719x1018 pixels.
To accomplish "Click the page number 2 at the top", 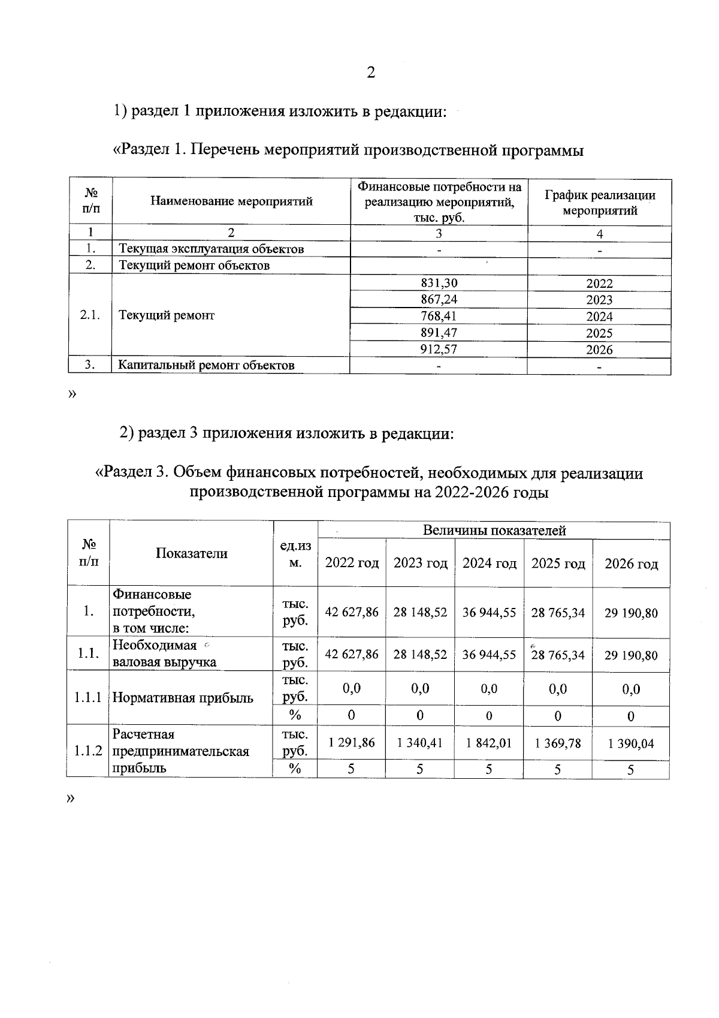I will point(371,73).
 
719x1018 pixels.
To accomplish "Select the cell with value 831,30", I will point(439,284).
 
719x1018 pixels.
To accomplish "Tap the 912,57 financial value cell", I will point(439,350).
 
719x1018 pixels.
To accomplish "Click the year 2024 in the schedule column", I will point(599,317).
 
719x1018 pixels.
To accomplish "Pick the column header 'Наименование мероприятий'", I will point(231,201).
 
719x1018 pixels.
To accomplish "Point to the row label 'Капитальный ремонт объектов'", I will point(206,365).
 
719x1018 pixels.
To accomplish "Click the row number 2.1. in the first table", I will point(90,315).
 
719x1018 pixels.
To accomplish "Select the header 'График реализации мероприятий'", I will point(599,203).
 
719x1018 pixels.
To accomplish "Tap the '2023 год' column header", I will point(420,563).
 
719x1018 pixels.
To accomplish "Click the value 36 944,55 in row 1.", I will point(489,613).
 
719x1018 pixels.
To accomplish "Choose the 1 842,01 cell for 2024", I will point(489,743).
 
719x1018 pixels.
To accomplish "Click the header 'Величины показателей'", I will point(494,530).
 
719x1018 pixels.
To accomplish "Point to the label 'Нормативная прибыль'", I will point(183,698).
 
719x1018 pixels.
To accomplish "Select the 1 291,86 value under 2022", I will point(352,743).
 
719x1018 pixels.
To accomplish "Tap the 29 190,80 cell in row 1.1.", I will point(630,655).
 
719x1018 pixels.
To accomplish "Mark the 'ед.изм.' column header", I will point(295,555).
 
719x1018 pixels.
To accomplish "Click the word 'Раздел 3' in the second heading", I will point(135,473).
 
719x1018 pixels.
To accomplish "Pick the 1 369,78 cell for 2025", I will point(558,743).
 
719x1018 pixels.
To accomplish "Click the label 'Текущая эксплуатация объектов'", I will point(211,249).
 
